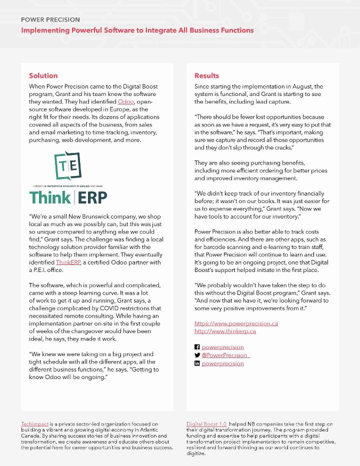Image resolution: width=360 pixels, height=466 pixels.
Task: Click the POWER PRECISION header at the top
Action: point(50,19)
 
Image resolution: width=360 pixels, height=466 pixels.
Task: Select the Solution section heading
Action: point(43,75)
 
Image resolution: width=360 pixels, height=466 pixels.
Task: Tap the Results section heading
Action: point(206,75)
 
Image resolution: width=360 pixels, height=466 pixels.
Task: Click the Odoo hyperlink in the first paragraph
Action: point(125,101)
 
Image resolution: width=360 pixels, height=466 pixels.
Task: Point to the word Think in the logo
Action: point(50,196)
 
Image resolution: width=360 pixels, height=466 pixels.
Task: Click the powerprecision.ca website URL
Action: point(236,323)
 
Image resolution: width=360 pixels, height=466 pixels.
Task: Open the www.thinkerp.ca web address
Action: point(225,331)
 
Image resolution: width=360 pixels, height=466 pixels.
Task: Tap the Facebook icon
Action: point(197,347)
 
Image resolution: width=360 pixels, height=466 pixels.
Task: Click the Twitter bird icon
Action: point(197,355)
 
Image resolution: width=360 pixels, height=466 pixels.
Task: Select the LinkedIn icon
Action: point(197,363)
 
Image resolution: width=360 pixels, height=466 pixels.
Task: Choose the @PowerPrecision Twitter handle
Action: point(224,355)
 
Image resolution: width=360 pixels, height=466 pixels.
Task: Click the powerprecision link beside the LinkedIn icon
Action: point(222,363)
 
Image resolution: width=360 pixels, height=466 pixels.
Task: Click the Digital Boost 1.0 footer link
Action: point(206,424)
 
